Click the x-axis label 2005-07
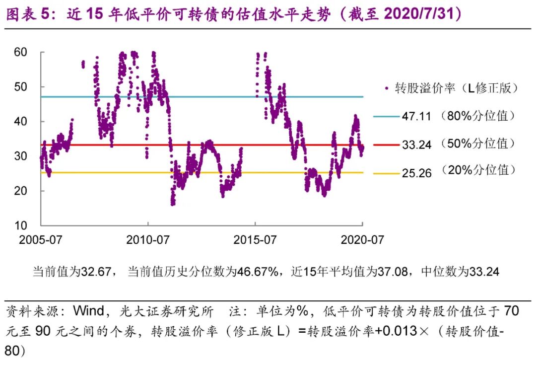[x=41, y=240]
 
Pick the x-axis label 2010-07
[x=148, y=240]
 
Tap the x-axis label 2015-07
[x=255, y=240]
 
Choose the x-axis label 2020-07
[x=363, y=240]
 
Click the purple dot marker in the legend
[x=386, y=88]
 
